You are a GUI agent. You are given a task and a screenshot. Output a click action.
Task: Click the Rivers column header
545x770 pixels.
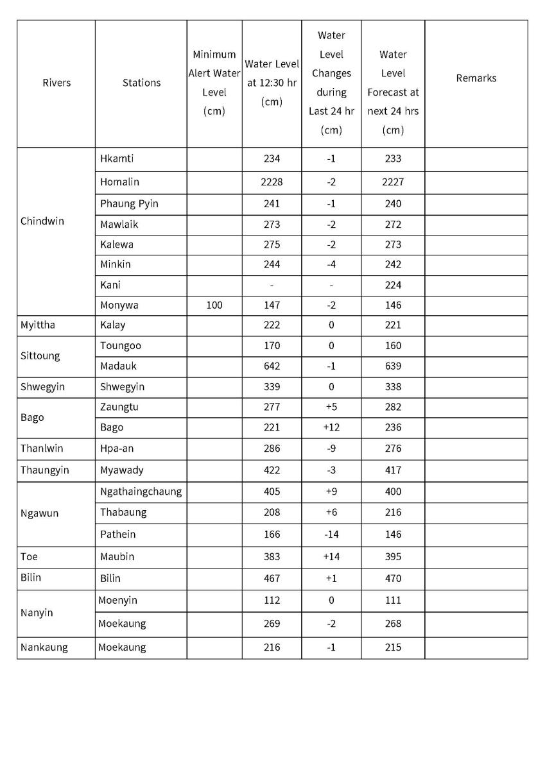point(56,83)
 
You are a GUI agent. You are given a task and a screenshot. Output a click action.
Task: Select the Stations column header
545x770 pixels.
point(141,83)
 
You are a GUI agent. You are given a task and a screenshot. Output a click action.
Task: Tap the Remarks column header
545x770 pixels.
point(476,78)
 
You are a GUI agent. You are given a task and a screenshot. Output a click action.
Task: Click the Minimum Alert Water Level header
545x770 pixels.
point(214,83)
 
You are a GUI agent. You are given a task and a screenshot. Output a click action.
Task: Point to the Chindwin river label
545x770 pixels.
point(42,221)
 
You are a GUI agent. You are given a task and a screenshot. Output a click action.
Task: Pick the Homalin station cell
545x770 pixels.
point(119,182)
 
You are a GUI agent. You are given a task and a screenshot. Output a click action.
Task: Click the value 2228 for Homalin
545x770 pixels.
point(272,182)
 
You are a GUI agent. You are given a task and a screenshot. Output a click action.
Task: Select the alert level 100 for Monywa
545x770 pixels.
point(214,305)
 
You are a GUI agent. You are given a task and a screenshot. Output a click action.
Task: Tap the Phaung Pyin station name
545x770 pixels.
point(129,204)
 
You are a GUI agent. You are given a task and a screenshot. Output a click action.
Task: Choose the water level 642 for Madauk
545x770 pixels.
point(272,366)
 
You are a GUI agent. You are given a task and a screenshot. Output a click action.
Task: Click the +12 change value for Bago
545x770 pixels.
point(331,427)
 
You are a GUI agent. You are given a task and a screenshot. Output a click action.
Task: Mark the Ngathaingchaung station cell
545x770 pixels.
point(141,492)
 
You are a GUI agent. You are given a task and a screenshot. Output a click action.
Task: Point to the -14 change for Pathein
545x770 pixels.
point(331,535)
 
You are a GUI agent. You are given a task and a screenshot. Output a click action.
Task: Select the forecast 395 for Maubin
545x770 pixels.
point(393,557)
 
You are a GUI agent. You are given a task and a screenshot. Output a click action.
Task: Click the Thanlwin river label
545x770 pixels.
point(42,449)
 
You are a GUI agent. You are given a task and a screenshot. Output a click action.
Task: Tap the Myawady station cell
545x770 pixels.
point(122,470)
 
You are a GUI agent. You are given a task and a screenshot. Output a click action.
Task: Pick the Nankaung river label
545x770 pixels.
point(44,647)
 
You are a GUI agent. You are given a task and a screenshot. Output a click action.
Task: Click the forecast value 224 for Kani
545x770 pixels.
point(393,285)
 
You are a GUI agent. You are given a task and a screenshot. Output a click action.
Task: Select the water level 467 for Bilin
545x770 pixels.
point(272,579)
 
